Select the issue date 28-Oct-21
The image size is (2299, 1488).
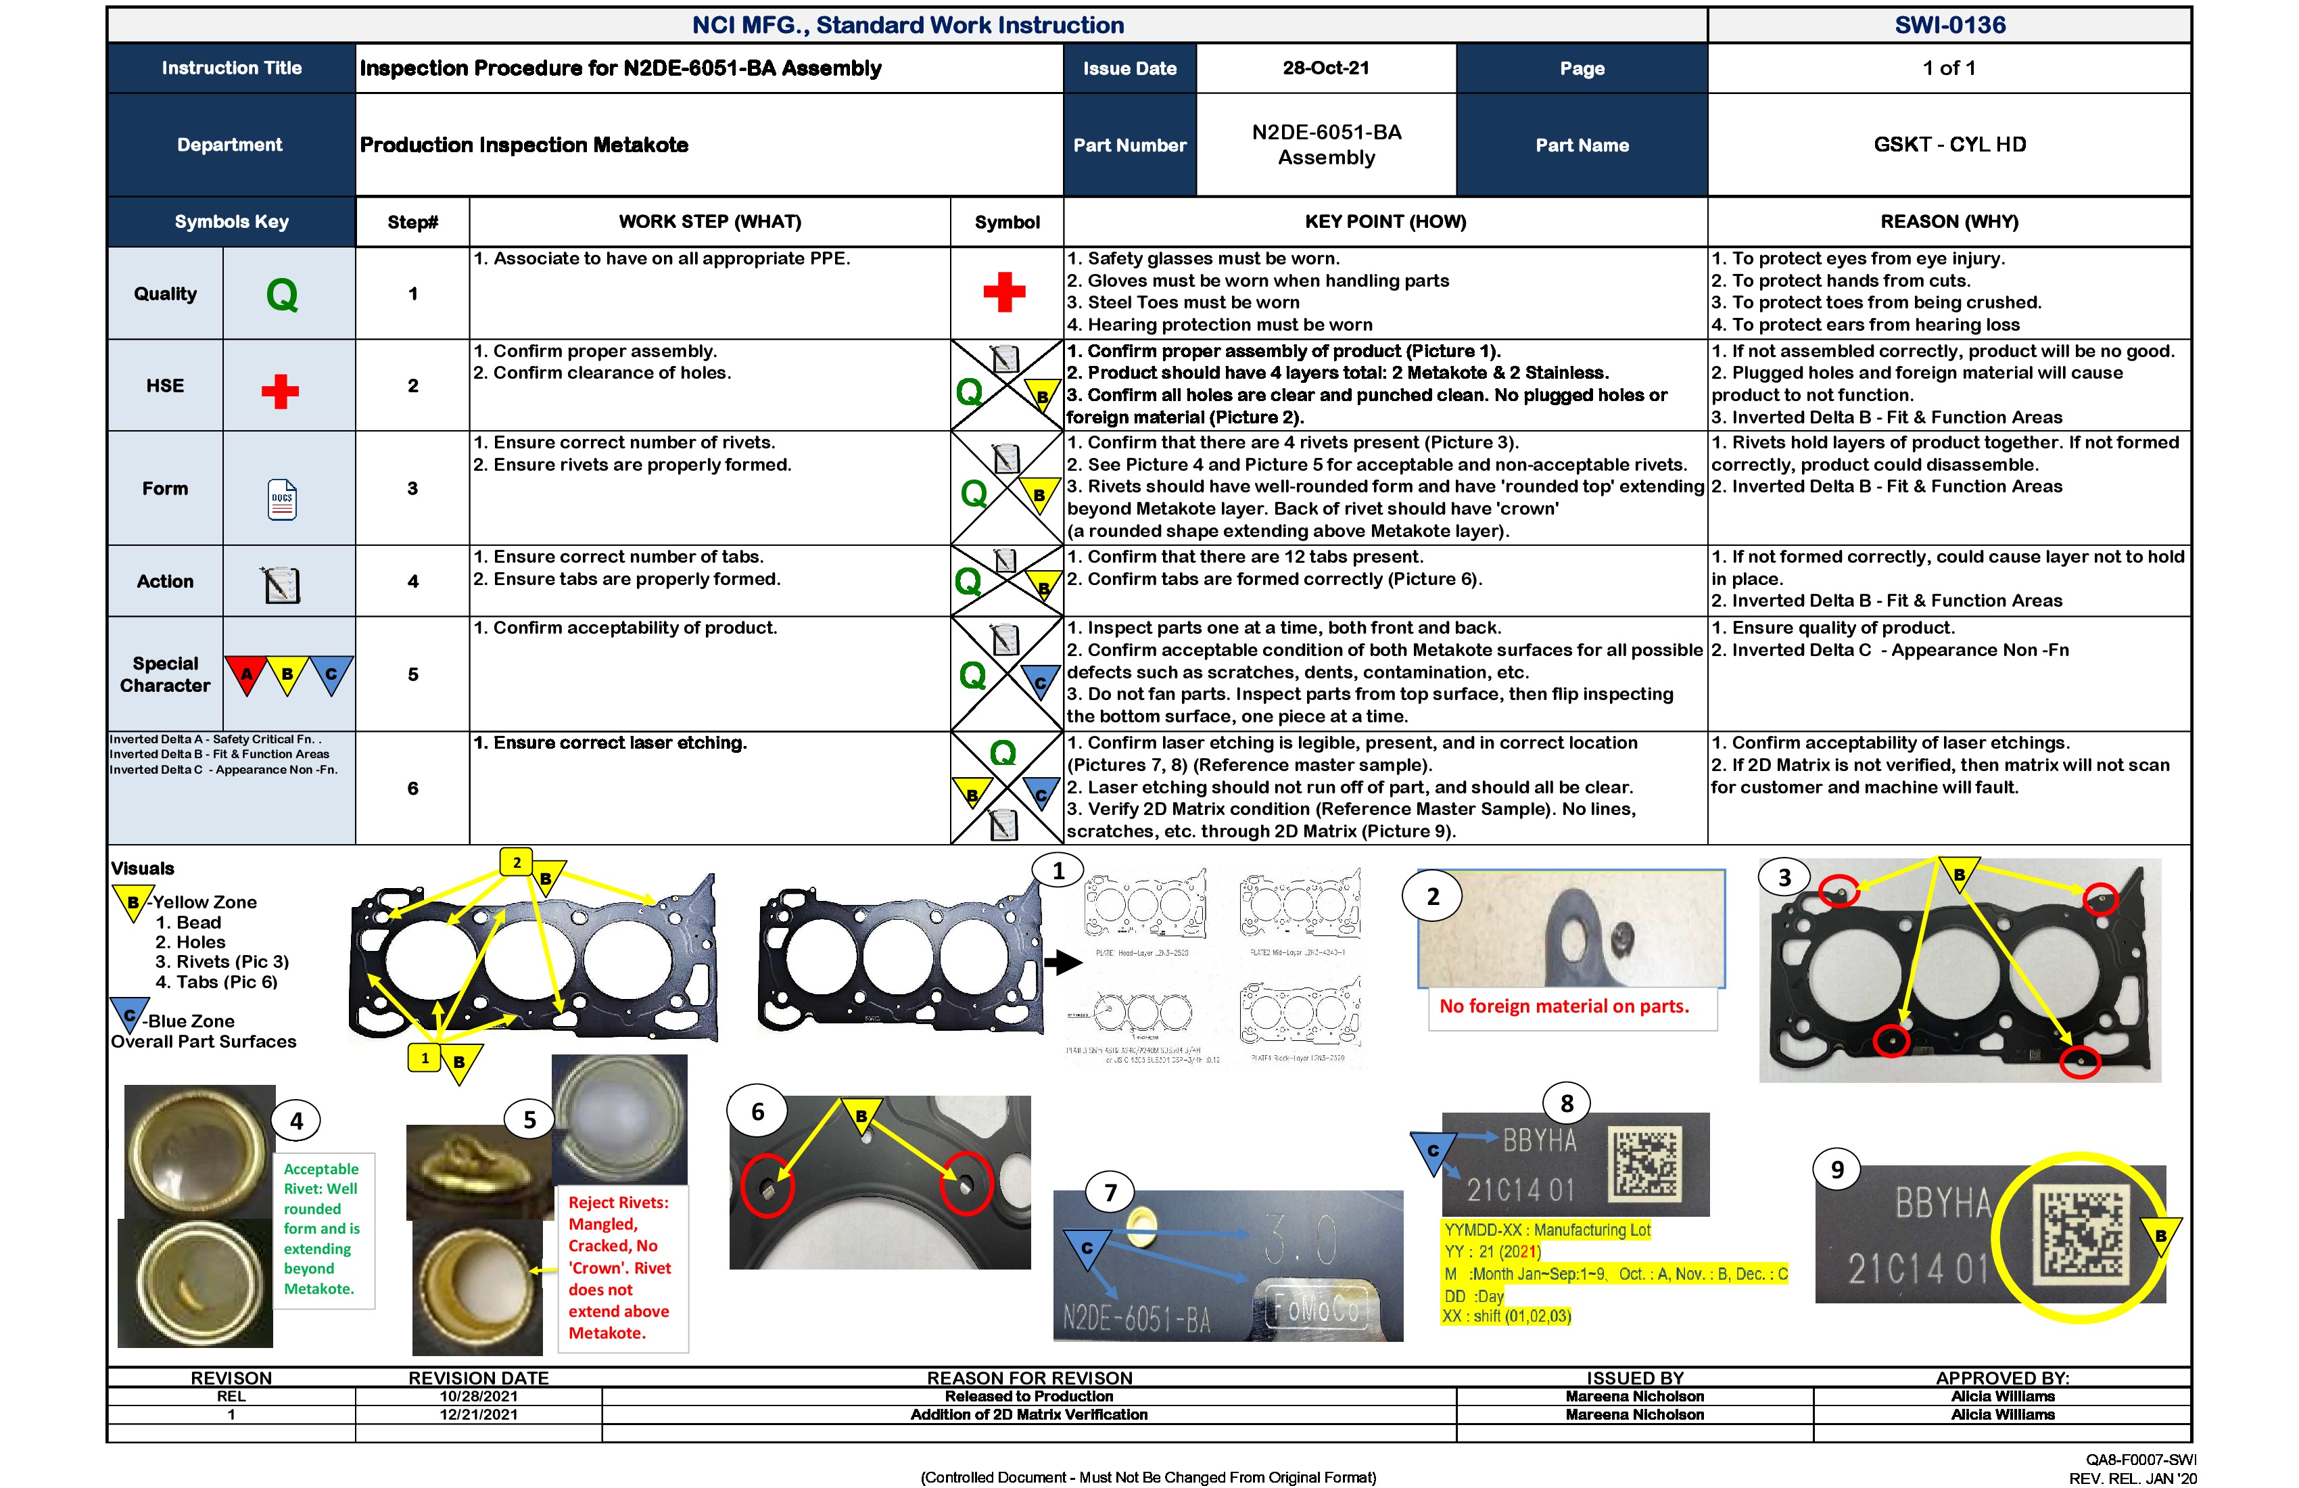click(x=1325, y=68)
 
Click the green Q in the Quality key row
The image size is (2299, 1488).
click(x=282, y=294)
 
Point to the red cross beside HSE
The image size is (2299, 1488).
click(x=280, y=392)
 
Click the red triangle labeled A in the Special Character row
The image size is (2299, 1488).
click(x=246, y=674)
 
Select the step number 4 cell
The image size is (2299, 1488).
click(x=412, y=582)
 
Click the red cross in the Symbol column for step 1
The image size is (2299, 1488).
click(x=1005, y=292)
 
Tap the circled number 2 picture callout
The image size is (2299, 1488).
click(x=1433, y=897)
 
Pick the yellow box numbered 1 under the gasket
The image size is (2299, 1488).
click(x=424, y=1058)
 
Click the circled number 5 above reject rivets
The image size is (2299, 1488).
click(x=529, y=1121)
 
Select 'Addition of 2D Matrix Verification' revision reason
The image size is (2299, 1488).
click(x=1028, y=1414)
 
